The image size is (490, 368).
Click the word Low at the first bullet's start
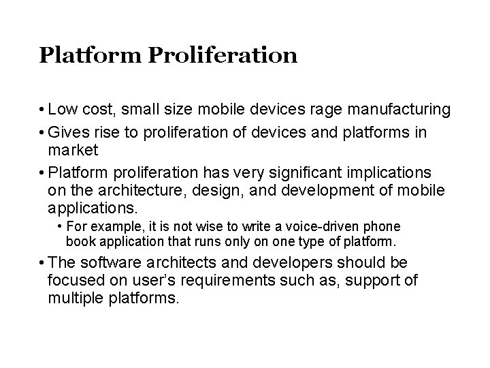coord(63,109)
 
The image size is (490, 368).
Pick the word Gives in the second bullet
coord(67,132)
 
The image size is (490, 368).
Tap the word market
coord(74,149)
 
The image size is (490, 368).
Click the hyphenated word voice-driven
coord(317,226)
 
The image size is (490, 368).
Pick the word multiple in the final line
coord(76,298)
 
